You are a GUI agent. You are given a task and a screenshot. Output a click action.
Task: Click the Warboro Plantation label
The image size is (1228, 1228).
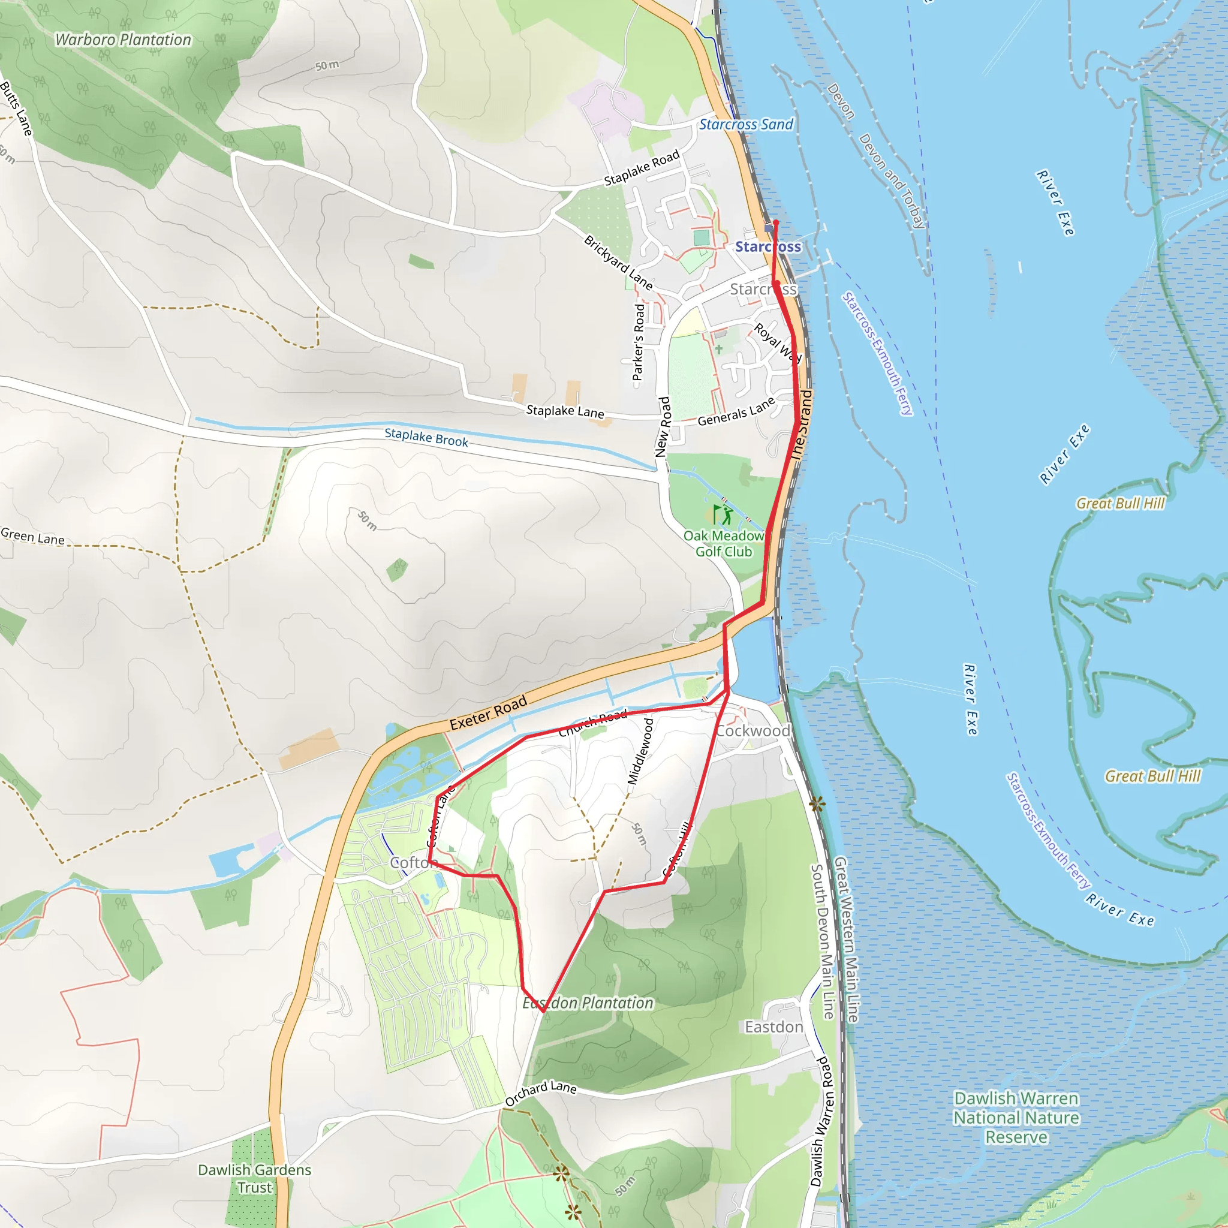click(123, 40)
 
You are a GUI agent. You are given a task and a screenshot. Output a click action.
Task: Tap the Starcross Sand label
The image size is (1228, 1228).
click(745, 125)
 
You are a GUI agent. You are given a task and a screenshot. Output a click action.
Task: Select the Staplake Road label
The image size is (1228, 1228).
click(642, 168)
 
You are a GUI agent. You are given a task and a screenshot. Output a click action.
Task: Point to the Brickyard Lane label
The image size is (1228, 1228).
click(618, 263)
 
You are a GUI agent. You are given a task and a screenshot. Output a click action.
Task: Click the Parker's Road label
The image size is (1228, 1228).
click(638, 342)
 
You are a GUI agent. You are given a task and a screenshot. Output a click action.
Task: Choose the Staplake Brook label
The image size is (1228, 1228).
click(426, 437)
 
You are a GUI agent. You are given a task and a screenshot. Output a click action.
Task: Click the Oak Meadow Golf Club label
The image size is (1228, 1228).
click(723, 543)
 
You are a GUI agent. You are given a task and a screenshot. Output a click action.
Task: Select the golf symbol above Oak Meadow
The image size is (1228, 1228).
click(722, 514)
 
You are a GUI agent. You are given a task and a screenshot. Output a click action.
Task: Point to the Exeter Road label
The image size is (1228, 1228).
click(488, 712)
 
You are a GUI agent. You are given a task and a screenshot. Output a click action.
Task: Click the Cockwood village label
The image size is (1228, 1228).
click(753, 731)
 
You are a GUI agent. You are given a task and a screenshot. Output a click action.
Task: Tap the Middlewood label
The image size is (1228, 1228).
click(641, 751)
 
